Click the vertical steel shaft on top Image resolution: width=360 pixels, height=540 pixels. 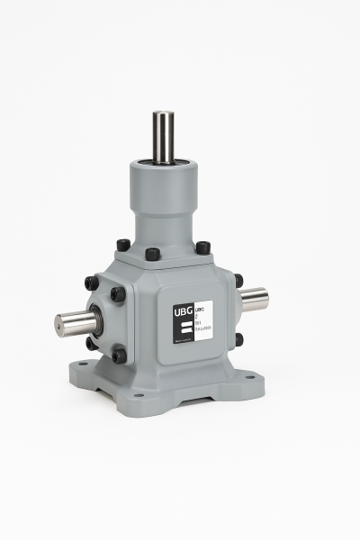pos(163,135)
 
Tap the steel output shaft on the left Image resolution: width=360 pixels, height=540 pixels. pos(74,321)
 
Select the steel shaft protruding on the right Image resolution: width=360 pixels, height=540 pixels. pos(255,298)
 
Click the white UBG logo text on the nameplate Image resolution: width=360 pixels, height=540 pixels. pos(183,313)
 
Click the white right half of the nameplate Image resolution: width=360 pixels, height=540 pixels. pos(202,323)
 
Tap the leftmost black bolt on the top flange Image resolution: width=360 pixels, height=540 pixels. pos(123,245)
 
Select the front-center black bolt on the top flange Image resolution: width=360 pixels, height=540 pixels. pos(153,254)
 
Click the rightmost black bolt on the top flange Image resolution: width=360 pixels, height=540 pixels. pos(202,247)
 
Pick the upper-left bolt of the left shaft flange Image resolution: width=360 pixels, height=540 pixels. pos(92,283)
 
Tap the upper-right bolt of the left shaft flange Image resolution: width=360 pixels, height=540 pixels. pos(118,293)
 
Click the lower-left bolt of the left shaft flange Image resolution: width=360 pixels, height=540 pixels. pos(92,343)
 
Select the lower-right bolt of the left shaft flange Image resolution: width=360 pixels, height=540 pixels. pos(119,355)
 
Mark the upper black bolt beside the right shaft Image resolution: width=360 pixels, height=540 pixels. pos(238,280)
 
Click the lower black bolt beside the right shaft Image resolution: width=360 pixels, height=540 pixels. pos(238,339)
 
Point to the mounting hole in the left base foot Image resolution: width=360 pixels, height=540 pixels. pos(83,365)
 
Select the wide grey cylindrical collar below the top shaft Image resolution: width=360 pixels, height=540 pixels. pos(163,180)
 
